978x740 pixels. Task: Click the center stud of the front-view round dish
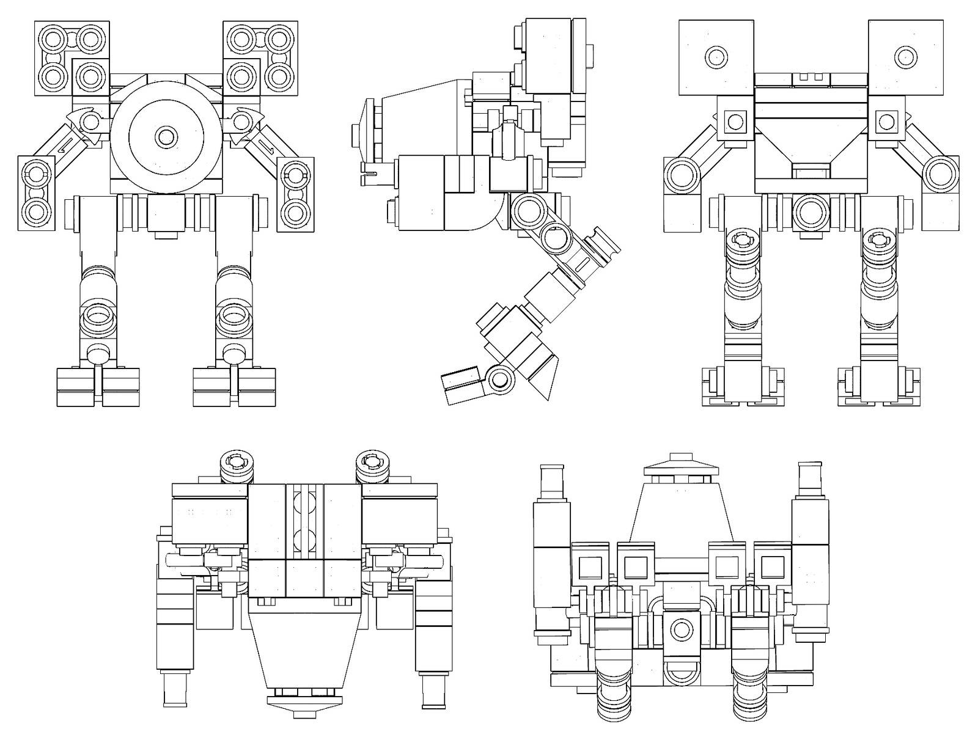(x=164, y=136)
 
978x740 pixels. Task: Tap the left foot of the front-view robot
(x=98, y=387)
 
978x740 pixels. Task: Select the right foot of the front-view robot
(x=234, y=387)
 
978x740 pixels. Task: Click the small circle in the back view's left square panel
(x=716, y=57)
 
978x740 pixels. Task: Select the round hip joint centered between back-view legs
(x=811, y=213)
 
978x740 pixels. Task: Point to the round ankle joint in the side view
(x=500, y=379)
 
